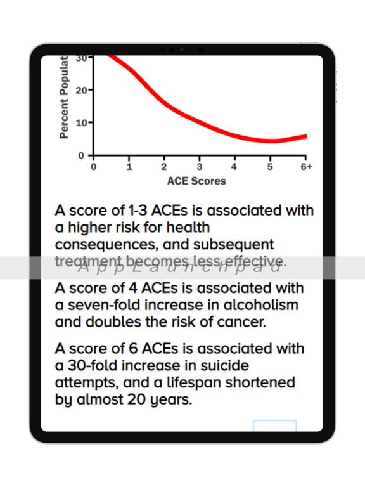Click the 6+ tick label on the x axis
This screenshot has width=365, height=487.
306,167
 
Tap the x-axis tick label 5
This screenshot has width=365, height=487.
269,167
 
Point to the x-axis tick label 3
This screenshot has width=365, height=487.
200,167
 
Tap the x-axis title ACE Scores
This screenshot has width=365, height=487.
196,181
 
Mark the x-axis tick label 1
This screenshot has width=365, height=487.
129,167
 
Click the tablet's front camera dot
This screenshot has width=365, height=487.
182,49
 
